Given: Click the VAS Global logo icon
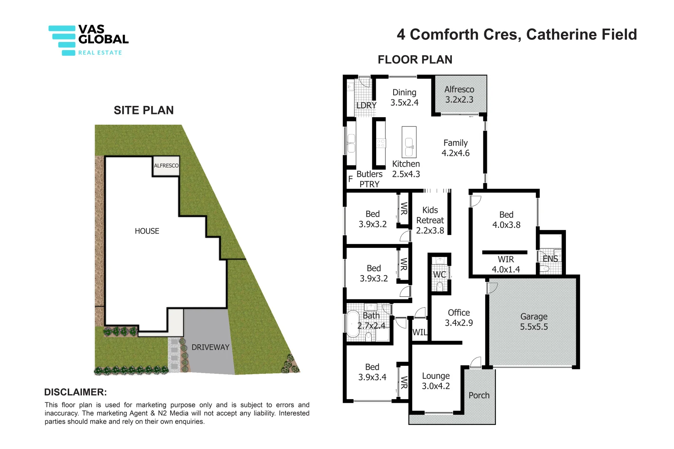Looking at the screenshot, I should (62, 40).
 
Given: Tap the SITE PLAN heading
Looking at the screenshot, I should (144, 110).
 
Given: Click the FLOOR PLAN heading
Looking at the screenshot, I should (415, 60).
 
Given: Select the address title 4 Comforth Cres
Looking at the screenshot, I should (517, 35).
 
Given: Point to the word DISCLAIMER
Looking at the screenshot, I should (75, 392).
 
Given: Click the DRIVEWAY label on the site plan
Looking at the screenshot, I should (210, 347).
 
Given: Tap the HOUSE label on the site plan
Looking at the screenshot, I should (147, 231).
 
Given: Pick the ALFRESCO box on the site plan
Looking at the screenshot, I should (166, 165).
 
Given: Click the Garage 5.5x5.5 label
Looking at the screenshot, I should (534, 322).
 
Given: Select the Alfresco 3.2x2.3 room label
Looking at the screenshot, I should (459, 94).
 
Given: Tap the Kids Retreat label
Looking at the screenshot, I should (430, 220).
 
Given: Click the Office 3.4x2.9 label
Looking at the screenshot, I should (459, 318).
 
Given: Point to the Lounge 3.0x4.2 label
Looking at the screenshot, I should (436, 381).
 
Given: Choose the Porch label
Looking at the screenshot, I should (479, 395).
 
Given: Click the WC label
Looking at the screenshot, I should (439, 275).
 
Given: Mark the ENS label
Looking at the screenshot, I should (550, 259).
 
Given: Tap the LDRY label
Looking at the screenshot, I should (366, 106).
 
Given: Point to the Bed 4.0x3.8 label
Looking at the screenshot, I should (506, 220).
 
